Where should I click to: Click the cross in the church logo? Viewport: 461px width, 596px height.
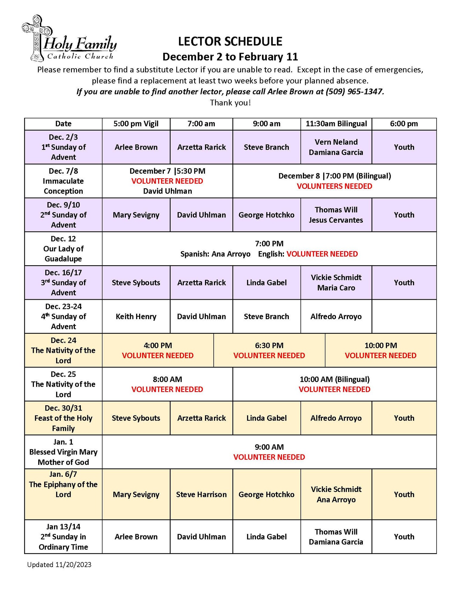click(37, 37)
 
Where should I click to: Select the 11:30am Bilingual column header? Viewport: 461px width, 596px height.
click(336, 124)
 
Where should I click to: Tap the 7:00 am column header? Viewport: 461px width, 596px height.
click(201, 124)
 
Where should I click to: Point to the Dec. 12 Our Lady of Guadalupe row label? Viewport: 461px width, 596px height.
click(63, 249)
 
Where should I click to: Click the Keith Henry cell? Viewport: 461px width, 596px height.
click(136, 316)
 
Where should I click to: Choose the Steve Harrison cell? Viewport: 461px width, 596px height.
click(201, 494)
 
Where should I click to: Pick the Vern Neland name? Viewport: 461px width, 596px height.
click(336, 142)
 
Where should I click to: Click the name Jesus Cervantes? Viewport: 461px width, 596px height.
click(336, 220)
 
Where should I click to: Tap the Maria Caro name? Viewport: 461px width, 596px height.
click(336, 288)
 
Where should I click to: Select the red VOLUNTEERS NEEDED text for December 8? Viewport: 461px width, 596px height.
click(334, 186)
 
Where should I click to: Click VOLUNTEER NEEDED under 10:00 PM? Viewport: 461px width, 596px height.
click(380, 356)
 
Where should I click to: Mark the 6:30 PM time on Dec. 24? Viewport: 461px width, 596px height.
click(269, 345)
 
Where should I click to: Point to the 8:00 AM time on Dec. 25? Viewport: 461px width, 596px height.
click(167, 379)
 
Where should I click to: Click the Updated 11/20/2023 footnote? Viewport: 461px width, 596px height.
click(59, 565)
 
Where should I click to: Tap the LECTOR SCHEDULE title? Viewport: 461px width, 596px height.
click(230, 41)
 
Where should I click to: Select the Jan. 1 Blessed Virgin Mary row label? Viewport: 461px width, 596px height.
click(63, 452)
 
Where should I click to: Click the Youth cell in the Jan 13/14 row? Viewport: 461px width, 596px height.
click(404, 537)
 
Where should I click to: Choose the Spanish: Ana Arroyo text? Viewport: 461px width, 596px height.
click(215, 254)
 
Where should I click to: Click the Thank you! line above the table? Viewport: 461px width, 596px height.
click(230, 103)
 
